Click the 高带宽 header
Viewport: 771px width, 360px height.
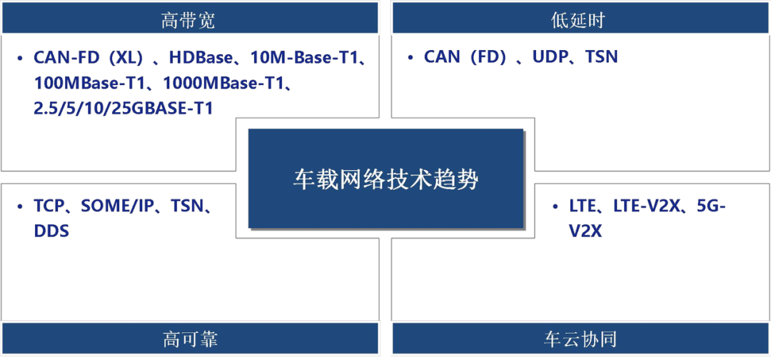pyautogui.click(x=188, y=19)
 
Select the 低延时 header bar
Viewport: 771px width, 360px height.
pyautogui.click(x=579, y=19)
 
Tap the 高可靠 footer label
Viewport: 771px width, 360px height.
pyautogui.click(x=188, y=338)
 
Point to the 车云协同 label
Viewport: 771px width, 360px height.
pyautogui.click(x=579, y=338)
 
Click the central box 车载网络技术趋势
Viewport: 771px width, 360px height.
pyautogui.click(x=385, y=179)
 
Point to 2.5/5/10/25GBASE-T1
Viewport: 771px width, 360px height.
pyautogui.click(x=124, y=108)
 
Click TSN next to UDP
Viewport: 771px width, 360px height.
pyautogui.click(x=602, y=57)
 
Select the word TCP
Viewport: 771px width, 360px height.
pyautogui.click(x=49, y=207)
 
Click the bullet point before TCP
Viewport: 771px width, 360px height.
pyautogui.click(x=20, y=207)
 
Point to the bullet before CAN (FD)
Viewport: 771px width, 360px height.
pyautogui.click(x=410, y=57)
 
